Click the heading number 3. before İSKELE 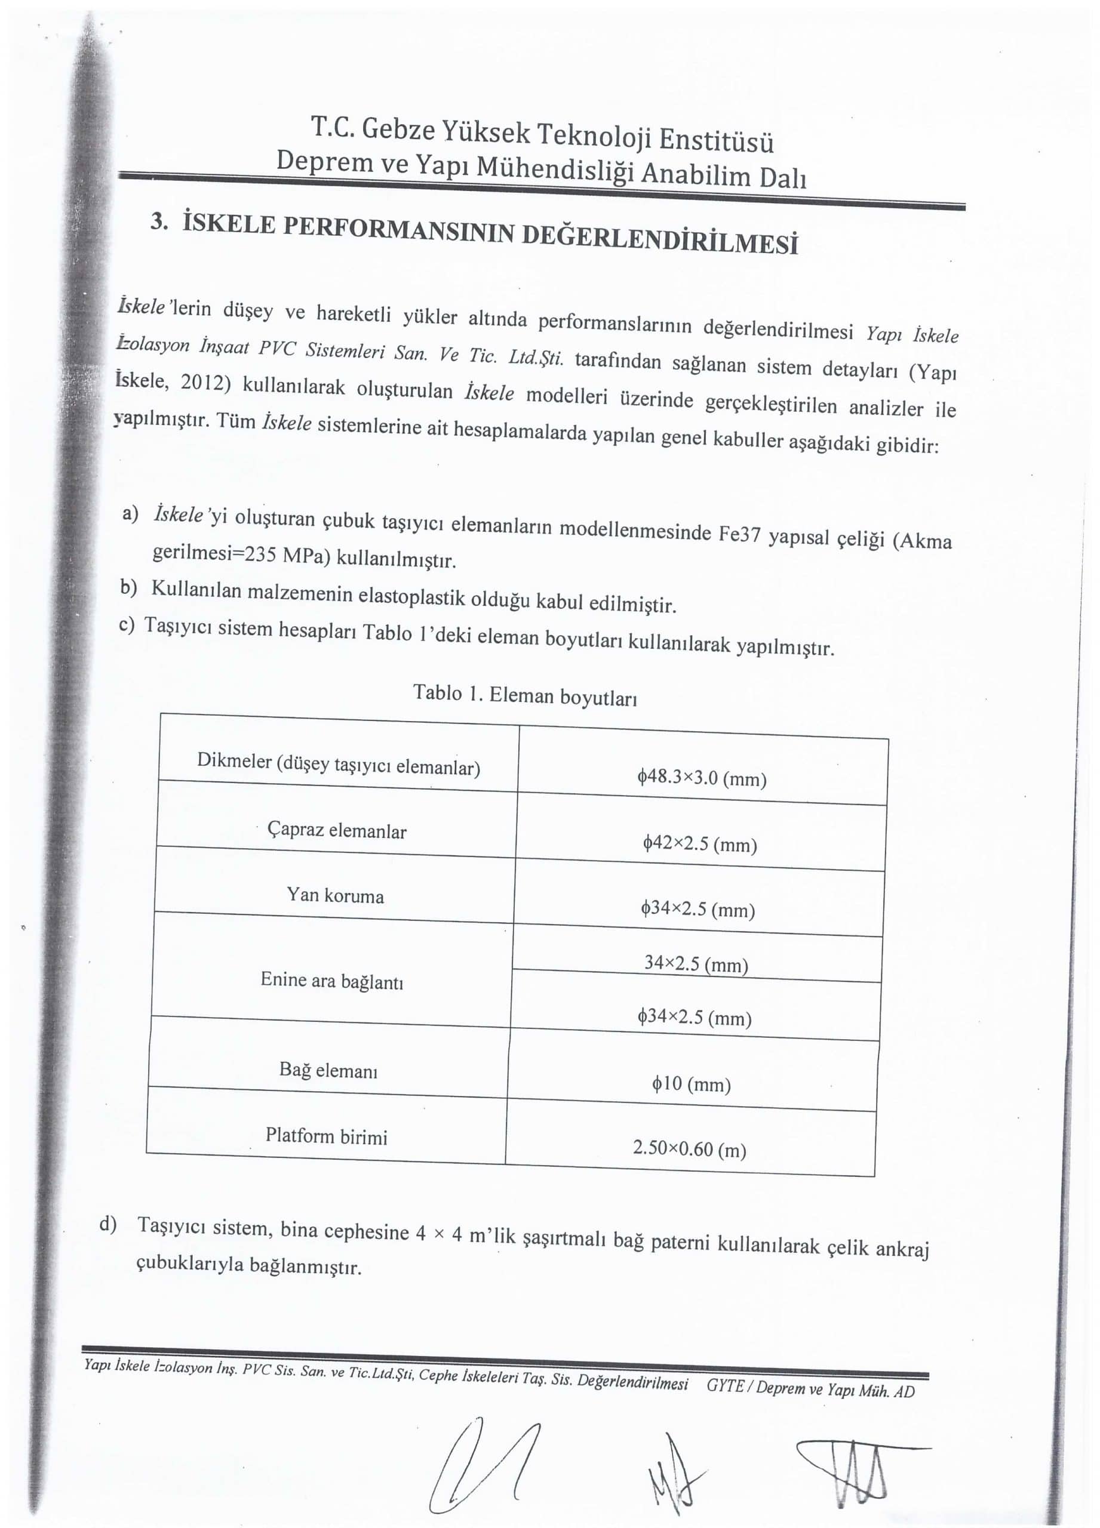tap(159, 221)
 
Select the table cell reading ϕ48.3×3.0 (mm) tap(702, 778)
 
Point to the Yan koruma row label tap(335, 895)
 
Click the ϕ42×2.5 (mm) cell tap(700, 843)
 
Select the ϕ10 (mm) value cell tap(692, 1084)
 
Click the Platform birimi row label tap(326, 1136)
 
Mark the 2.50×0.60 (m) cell tap(690, 1149)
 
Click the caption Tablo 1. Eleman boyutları tap(525, 695)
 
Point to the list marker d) tap(108, 1224)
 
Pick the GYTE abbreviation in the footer tap(724, 1385)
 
